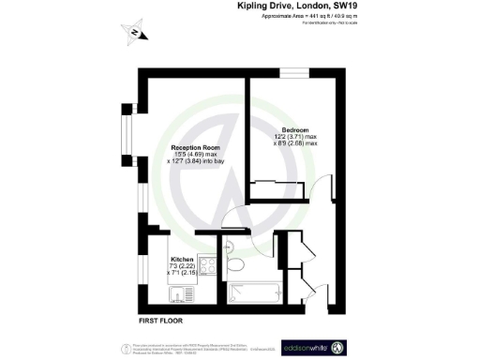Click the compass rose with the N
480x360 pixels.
pyautogui.click(x=138, y=34)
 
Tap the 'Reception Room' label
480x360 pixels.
pyautogui.click(x=196, y=148)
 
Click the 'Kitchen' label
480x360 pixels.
pyautogui.click(x=182, y=260)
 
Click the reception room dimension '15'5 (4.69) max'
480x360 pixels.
pyautogui.click(x=197, y=156)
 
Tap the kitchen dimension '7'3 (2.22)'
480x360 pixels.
pyautogui.click(x=182, y=267)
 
